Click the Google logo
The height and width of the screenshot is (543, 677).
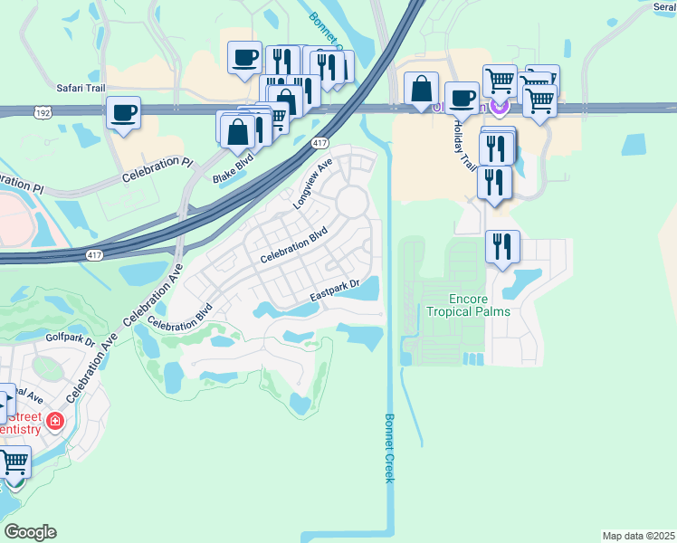(x=31, y=532)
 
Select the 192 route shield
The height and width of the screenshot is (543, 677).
(x=42, y=112)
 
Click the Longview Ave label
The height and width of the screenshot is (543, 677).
(x=313, y=185)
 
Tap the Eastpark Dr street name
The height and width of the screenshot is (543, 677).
(x=335, y=291)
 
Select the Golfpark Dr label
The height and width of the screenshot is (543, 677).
(x=70, y=341)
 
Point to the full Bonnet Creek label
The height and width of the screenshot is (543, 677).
(x=389, y=448)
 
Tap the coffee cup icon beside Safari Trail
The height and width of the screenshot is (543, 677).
(x=123, y=113)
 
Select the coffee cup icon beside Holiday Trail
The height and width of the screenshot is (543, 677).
(x=462, y=97)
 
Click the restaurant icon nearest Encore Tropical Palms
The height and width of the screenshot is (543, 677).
(x=502, y=245)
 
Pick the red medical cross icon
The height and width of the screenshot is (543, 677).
(x=54, y=422)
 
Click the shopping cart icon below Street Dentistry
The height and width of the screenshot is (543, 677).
(x=14, y=462)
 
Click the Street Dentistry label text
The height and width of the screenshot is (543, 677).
(x=20, y=423)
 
